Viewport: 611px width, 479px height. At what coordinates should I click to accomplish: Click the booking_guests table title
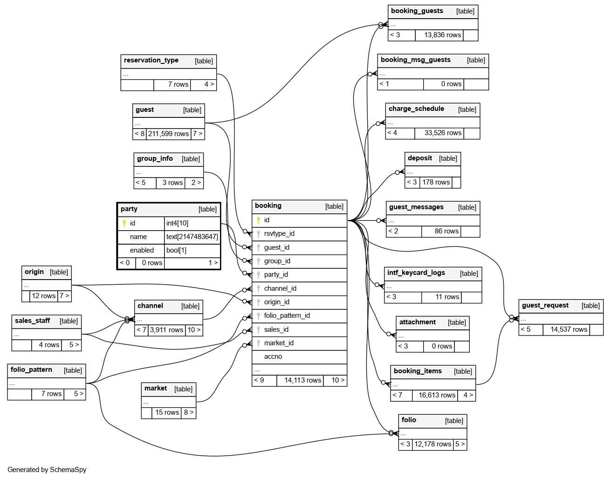click(417, 11)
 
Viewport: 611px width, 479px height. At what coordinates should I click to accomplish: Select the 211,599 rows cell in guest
click(168, 134)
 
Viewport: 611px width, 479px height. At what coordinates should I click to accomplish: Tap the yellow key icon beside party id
click(124, 224)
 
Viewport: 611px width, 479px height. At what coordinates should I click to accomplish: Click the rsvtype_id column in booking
click(279, 233)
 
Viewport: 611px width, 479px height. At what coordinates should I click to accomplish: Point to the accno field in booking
click(273, 356)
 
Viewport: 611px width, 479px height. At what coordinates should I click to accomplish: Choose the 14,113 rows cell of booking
click(302, 380)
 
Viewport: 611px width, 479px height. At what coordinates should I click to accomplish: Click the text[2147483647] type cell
click(192, 237)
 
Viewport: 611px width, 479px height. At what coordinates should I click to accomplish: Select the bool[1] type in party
click(177, 250)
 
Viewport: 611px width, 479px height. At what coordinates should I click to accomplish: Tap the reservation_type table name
click(151, 61)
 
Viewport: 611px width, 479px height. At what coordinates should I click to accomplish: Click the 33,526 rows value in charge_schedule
click(443, 133)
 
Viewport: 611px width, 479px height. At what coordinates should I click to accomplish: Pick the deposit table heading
click(420, 158)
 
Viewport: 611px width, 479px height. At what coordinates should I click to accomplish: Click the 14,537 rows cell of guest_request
click(569, 329)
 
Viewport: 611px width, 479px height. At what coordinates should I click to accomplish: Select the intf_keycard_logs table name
click(416, 273)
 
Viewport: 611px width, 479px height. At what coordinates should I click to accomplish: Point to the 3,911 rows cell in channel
click(166, 330)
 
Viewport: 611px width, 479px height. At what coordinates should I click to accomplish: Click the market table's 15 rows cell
click(167, 412)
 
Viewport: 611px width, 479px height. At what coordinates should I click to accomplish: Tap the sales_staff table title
click(32, 321)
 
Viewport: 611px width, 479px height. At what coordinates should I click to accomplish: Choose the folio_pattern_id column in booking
click(287, 315)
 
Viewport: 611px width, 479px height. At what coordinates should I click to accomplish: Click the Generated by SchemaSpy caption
click(47, 470)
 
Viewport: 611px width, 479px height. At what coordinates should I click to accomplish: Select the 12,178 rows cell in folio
click(433, 444)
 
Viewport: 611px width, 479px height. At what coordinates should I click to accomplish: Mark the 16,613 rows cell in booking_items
click(437, 395)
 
